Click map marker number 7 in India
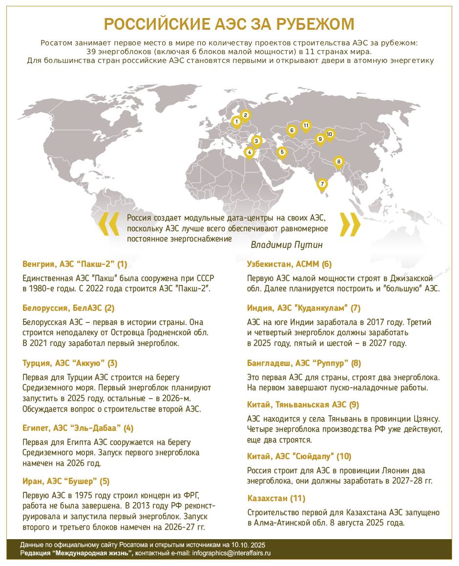click(322, 184)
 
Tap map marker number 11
click(306, 126)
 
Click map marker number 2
click(246, 116)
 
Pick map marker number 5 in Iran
click(282, 152)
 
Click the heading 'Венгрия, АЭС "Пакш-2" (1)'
click(75, 264)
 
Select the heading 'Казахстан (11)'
click(276, 498)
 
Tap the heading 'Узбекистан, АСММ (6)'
click(290, 264)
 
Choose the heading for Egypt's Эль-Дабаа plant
click(78, 428)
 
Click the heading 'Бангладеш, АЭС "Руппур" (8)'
click(304, 363)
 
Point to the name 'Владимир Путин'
click(287, 244)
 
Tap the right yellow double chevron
click(350, 224)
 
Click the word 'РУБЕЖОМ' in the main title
click(309, 24)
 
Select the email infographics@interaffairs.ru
click(231, 553)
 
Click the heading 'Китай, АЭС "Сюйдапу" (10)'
click(299, 456)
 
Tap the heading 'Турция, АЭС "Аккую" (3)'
click(70, 363)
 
